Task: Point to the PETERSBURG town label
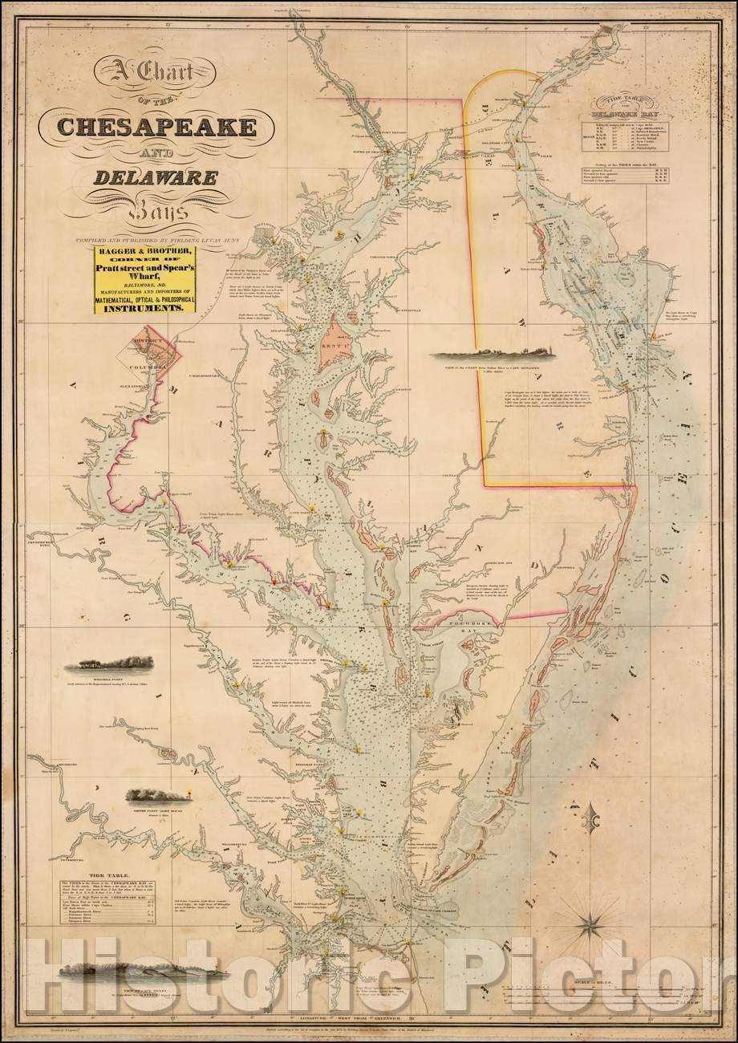45,860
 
